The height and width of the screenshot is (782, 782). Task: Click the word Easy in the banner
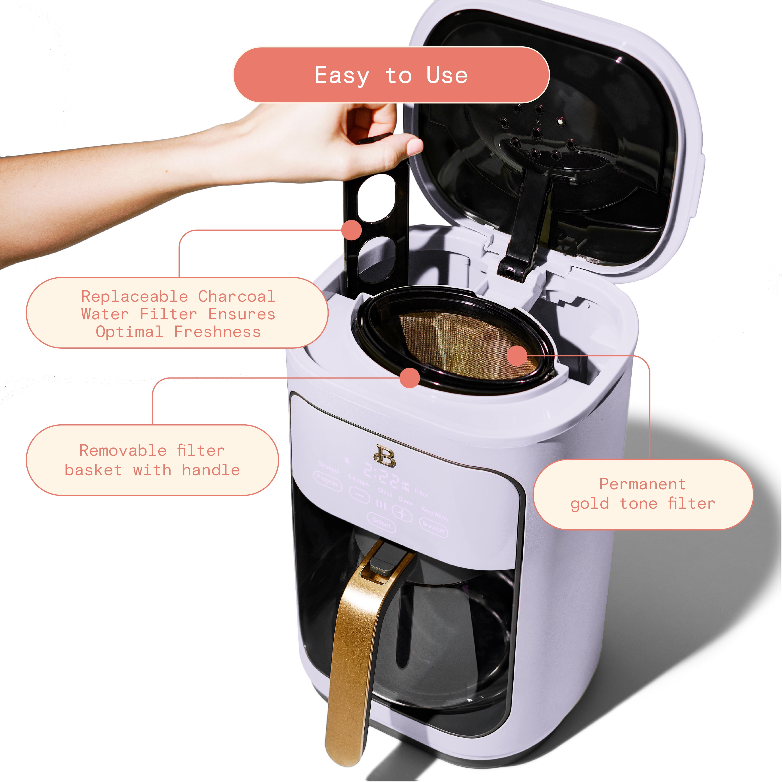pos(342,76)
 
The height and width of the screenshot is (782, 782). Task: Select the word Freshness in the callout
pos(217,332)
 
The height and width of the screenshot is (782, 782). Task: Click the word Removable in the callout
pos(123,450)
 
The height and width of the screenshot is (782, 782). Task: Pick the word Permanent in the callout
pos(642,484)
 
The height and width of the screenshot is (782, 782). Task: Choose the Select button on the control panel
pos(381,522)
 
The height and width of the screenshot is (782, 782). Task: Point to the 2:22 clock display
pos(381,478)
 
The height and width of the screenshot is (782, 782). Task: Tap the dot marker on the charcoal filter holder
pos(351,230)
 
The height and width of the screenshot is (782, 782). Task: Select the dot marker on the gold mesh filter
pos(517,356)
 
